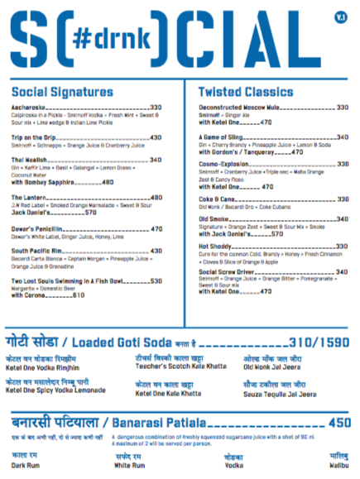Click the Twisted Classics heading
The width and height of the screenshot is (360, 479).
(247, 92)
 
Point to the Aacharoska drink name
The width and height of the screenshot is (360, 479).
(31, 108)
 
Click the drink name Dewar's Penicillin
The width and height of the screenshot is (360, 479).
(38, 228)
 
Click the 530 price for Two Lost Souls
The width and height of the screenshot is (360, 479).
(156, 281)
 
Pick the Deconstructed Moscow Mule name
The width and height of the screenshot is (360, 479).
(238, 108)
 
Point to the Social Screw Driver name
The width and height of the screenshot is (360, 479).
(228, 271)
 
